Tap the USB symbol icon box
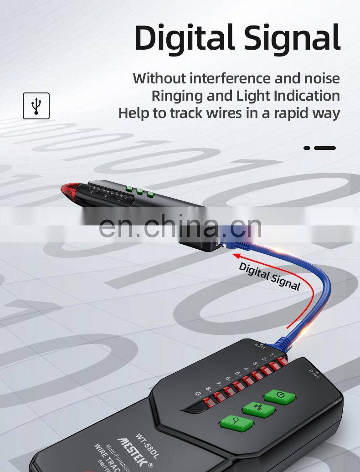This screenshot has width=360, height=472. pyautogui.click(x=36, y=106)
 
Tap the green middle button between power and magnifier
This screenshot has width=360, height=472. pyautogui.click(x=258, y=409)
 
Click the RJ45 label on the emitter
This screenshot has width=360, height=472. pyautogui.click(x=314, y=374)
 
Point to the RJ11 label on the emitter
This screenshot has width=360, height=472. pyautogui.click(x=260, y=345)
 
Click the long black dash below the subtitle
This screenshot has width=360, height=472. pyautogui.click(x=325, y=148)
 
